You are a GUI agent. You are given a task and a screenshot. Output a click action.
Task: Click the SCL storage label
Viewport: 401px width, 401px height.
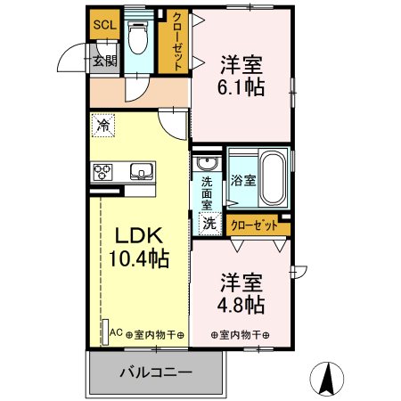tap(104, 24)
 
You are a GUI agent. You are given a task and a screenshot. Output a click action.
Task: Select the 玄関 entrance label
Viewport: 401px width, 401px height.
tap(104, 60)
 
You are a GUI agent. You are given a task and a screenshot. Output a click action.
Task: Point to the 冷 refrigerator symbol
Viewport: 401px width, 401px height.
tap(103, 126)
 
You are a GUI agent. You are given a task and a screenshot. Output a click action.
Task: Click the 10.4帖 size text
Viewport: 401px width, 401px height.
tap(138, 259)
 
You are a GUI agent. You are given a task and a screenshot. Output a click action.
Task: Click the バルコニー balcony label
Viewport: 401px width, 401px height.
tap(155, 372)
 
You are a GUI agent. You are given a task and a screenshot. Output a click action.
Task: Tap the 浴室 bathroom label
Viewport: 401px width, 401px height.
tap(243, 179)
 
